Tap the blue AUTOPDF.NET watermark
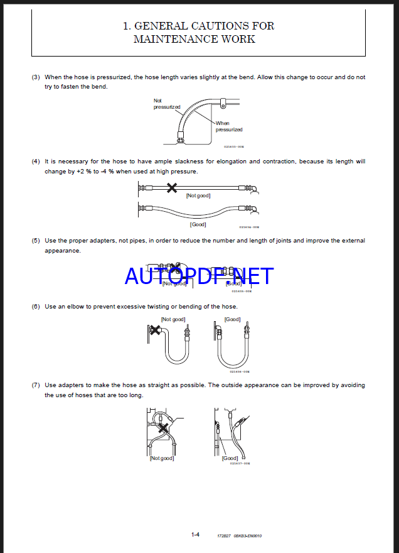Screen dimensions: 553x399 199,275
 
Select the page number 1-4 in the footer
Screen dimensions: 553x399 195,534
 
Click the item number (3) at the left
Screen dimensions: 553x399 36,77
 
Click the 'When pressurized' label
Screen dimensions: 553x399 228,126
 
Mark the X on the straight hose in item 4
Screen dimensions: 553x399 171,187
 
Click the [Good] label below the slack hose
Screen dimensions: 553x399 198,224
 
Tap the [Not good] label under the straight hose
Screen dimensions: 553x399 198,195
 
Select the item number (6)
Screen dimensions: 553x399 36,307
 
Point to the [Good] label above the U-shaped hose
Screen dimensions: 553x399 232,319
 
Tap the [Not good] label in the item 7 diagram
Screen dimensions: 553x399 161,458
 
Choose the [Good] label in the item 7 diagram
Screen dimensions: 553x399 230,458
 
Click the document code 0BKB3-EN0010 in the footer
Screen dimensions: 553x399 248,535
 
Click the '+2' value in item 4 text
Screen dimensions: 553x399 80,172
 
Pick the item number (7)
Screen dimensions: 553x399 36,385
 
